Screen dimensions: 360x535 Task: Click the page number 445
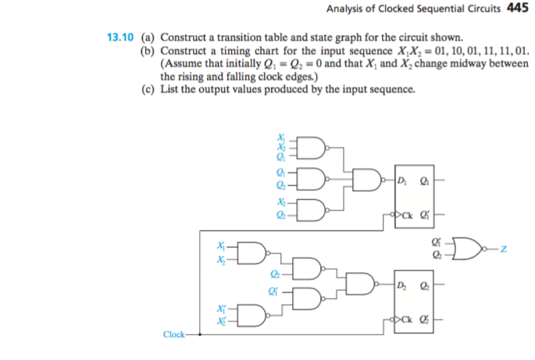click(x=518, y=9)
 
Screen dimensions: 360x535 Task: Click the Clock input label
click(x=174, y=334)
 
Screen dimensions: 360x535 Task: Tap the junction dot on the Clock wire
click(x=201, y=334)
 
